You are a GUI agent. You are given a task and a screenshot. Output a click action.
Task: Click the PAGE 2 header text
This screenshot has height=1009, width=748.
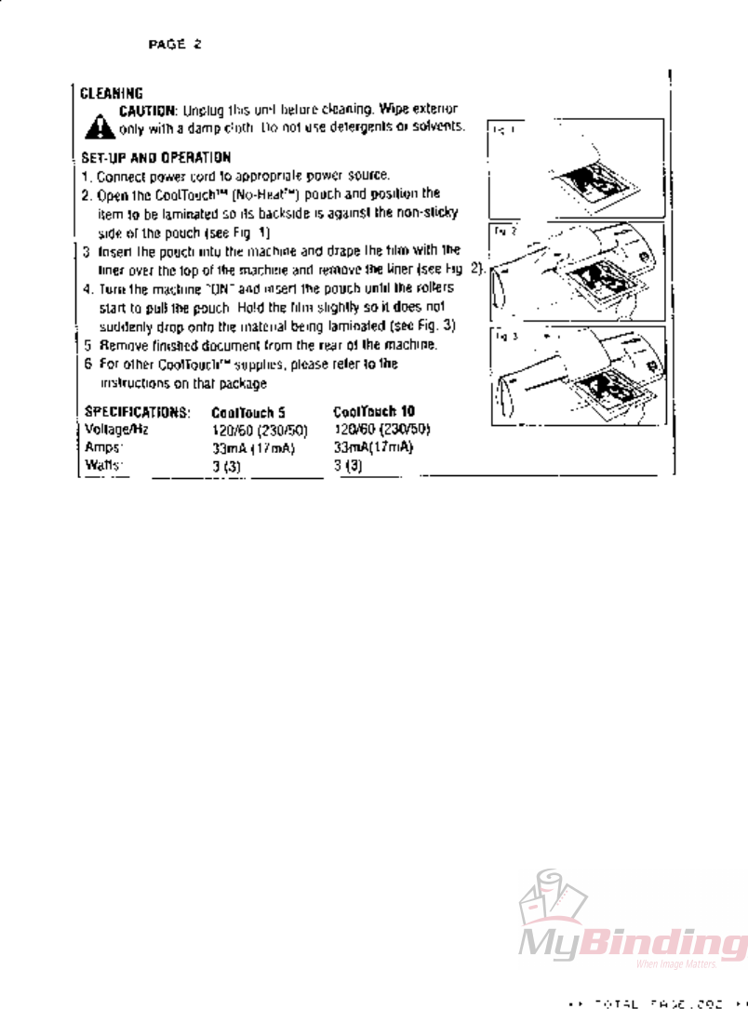[x=174, y=44]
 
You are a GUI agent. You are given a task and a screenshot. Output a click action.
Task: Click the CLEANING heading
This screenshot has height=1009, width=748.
[x=111, y=93]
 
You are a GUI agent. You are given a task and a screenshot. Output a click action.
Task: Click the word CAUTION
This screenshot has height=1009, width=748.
[x=148, y=110]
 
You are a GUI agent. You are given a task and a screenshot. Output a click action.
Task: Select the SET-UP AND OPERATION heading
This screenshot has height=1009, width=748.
[x=155, y=158]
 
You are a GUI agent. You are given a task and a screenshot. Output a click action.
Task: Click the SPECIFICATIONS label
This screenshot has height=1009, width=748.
[x=137, y=411]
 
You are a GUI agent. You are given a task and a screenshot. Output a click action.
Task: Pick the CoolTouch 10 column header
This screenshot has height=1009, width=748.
[x=372, y=411]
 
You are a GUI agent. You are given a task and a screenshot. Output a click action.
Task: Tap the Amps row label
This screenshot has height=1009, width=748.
[x=104, y=447]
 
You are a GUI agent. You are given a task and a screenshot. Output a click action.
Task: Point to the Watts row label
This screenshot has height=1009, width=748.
[x=104, y=465]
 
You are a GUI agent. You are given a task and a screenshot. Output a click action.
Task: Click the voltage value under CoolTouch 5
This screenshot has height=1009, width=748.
[x=259, y=430]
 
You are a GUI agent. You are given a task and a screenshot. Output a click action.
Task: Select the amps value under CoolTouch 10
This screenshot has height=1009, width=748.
[x=373, y=447]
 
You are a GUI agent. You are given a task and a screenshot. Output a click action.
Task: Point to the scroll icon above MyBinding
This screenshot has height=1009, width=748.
[x=554, y=897]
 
